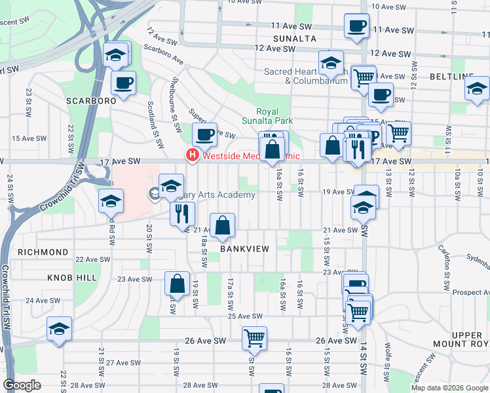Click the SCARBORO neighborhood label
tap(90, 101)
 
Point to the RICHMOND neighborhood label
tap(43, 252)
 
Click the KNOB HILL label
tap(72, 278)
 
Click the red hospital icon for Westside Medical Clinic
tap(192, 156)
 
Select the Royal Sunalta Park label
tap(274, 116)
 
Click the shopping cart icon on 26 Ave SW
tap(254, 338)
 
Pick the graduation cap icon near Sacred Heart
tap(331, 63)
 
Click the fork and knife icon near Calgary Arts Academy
tap(182, 213)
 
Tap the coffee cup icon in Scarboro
tap(123, 83)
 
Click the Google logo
tap(22, 385)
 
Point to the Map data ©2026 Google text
tap(449, 388)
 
